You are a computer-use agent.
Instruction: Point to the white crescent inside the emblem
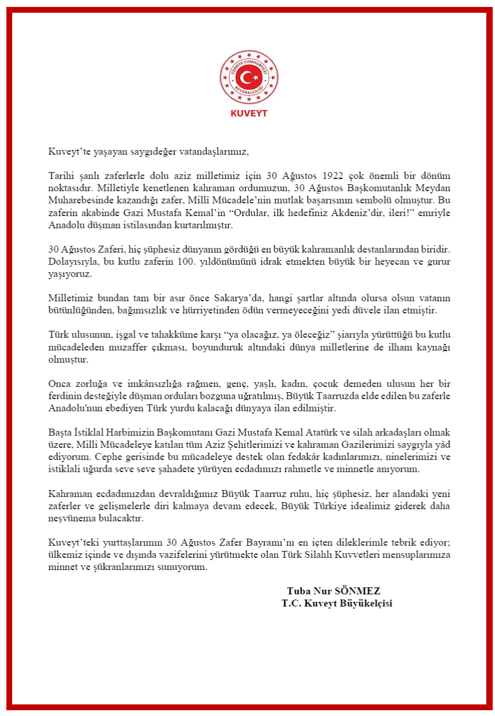pos(247,76)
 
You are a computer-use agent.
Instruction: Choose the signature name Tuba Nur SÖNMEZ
pos(333,591)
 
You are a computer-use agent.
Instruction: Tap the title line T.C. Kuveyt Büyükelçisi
pos(337,603)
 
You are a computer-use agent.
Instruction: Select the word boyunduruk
pos(258,347)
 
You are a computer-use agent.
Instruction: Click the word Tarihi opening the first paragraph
pos(61,176)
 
